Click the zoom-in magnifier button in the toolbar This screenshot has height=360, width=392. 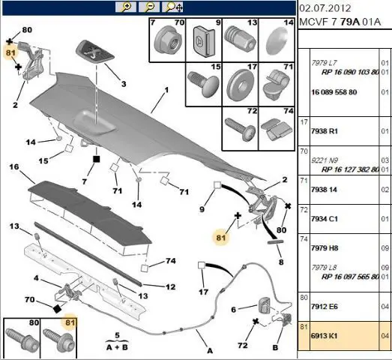(126, 7)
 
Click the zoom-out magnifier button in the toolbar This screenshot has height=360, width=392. (149, 7)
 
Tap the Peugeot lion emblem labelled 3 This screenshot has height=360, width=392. (94, 52)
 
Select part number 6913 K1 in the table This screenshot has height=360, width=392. (324, 335)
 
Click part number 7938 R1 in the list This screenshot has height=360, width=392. (325, 131)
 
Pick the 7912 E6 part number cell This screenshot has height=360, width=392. (325, 307)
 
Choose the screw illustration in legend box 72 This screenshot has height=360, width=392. (241, 129)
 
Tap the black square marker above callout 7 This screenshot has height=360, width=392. (96, 159)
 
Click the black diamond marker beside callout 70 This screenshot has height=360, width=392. (57, 309)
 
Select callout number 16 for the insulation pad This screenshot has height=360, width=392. (14, 166)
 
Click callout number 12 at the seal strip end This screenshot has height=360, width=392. (170, 286)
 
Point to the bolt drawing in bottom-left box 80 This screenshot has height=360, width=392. (22, 340)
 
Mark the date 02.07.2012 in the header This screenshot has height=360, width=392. (325, 8)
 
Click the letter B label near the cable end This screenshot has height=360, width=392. (275, 347)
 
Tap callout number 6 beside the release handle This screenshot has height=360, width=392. (233, 310)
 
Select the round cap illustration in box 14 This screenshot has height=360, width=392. (277, 41)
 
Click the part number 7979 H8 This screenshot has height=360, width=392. (325, 248)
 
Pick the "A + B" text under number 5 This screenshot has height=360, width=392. (117, 347)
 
